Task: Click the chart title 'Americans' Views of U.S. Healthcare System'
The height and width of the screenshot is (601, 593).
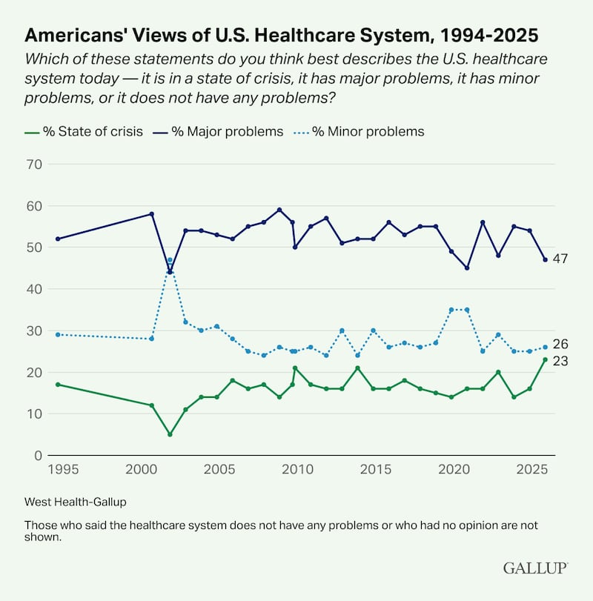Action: (x=281, y=35)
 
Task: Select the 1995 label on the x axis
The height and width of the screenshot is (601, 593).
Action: (x=58, y=470)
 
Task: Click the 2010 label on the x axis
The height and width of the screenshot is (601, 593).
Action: (x=296, y=470)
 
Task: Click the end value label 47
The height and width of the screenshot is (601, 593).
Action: (x=560, y=259)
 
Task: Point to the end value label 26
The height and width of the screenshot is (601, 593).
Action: (x=560, y=345)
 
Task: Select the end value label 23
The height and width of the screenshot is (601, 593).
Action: (x=560, y=360)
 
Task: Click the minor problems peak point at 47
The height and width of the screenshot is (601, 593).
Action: (x=170, y=260)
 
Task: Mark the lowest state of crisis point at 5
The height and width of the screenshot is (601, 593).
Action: (x=170, y=434)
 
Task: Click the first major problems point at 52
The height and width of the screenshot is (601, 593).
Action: (x=58, y=239)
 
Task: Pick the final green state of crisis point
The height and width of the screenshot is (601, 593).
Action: (x=545, y=359)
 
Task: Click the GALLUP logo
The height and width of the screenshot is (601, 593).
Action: (x=535, y=568)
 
